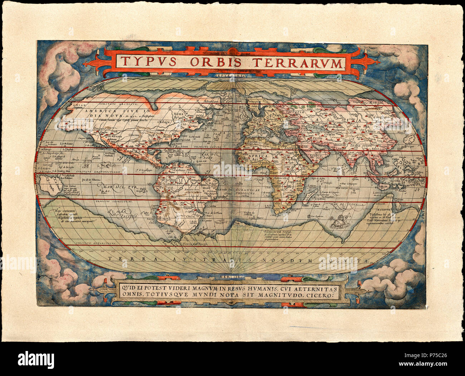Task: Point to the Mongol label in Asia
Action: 384,102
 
